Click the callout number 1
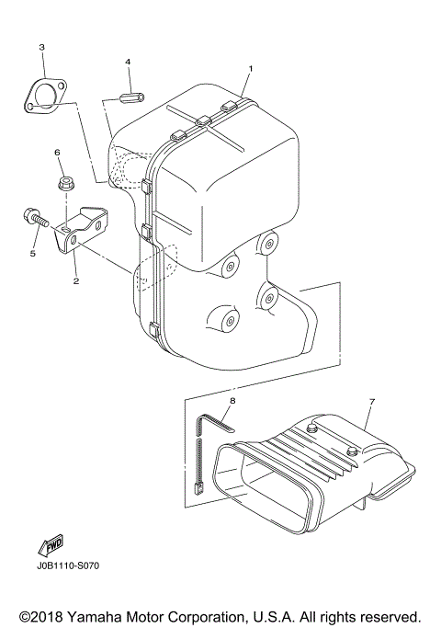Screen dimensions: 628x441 click(x=249, y=69)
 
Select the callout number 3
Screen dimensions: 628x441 click(x=41, y=46)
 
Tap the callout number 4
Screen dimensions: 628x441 click(x=129, y=62)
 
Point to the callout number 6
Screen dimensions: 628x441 click(x=57, y=153)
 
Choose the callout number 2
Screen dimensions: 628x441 click(x=75, y=282)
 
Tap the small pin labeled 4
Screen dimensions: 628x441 click(x=131, y=95)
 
